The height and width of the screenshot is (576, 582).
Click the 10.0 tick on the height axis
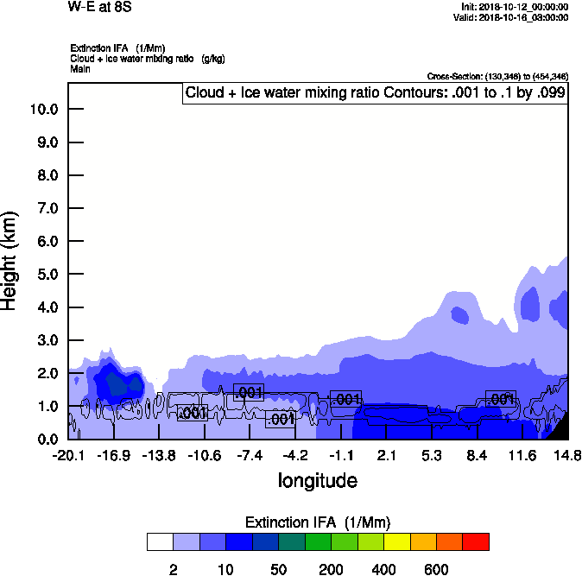tap(43, 110)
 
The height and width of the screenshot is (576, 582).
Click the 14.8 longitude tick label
tap(566, 455)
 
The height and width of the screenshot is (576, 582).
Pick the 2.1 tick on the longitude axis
tap(386, 455)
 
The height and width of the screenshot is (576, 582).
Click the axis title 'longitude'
tap(317, 479)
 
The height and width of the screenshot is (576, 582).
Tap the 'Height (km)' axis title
tap(10, 259)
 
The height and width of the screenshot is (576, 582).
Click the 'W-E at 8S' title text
tap(100, 7)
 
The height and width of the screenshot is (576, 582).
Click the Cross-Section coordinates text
tap(497, 76)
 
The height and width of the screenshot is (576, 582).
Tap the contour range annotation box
tap(375, 92)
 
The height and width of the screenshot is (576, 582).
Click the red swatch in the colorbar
tap(476, 541)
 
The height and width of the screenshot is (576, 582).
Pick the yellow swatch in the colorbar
tap(396, 541)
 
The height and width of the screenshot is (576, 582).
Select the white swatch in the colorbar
tap(160, 541)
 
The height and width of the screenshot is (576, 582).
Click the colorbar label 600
tap(436, 569)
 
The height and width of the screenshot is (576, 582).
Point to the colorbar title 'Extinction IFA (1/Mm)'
tap(318, 522)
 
